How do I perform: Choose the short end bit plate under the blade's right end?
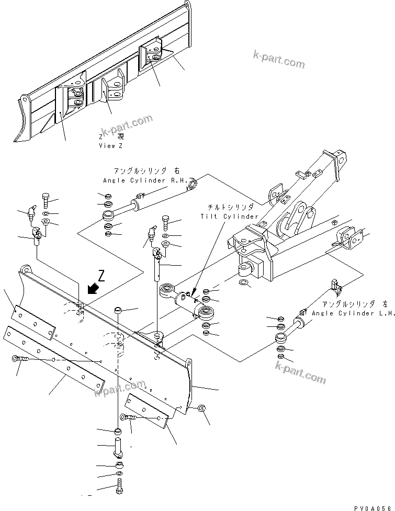tap(149, 412)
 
